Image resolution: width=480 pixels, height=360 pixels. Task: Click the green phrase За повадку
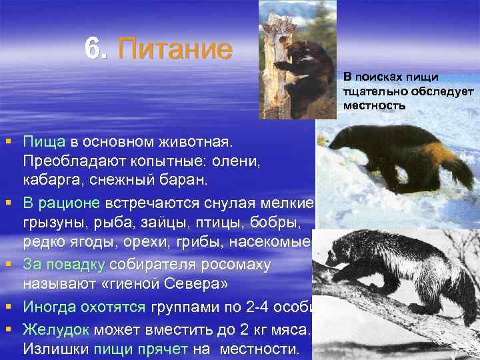point(65,265)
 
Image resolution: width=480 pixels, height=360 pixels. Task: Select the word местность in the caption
point(375,105)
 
